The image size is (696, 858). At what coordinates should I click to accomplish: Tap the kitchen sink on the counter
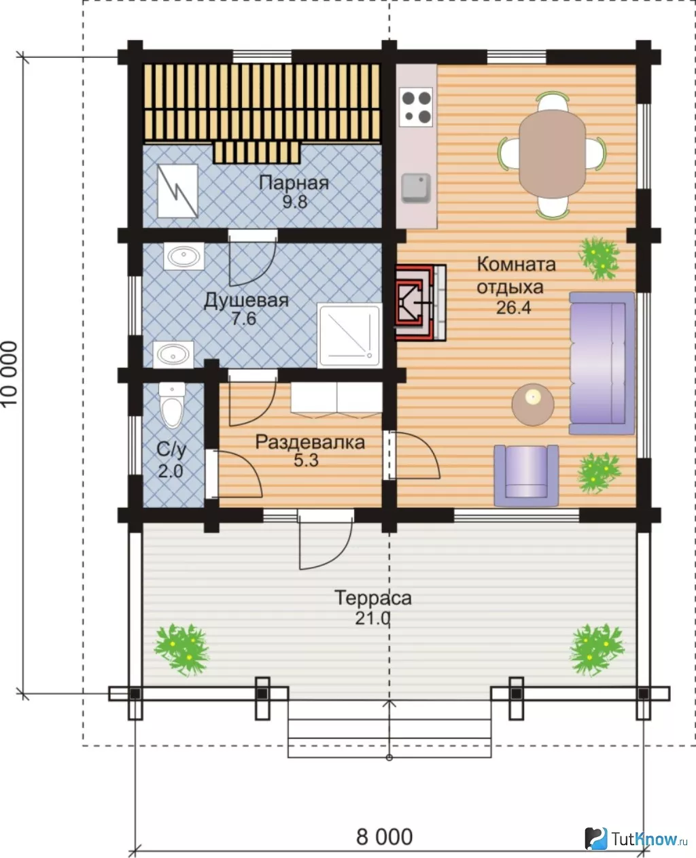point(416,188)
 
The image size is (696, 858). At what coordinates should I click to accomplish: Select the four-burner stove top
point(416,107)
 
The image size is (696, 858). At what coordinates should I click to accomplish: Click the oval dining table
point(552,154)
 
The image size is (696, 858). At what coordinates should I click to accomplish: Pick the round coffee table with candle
point(533,405)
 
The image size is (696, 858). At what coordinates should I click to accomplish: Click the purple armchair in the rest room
point(526,475)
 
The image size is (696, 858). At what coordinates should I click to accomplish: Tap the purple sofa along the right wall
point(602,363)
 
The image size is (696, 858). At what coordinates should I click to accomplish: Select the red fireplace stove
point(421,303)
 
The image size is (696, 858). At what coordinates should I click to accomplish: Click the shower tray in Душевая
point(349,336)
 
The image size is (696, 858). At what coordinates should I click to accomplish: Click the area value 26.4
point(514,308)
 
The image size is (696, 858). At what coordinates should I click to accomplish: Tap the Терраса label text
point(373,598)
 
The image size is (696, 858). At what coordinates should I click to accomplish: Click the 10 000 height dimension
point(10,374)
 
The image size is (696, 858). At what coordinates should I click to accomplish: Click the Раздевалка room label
point(310,443)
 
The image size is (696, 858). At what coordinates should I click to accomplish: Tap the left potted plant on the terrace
point(182,649)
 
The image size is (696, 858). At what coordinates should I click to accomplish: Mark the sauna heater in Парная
point(177,191)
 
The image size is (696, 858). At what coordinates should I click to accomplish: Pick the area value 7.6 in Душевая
point(244,319)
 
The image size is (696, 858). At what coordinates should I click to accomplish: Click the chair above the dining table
point(553,101)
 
